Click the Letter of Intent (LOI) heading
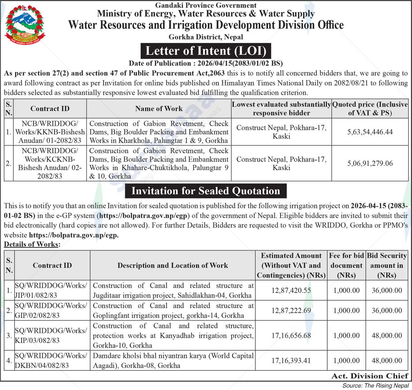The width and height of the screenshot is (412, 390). coord(205,51)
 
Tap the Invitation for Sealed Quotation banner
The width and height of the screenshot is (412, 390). coord(205,191)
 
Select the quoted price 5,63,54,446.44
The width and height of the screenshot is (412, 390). coord(370,132)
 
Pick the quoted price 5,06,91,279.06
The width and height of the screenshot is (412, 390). coord(370,163)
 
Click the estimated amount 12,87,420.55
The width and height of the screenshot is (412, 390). coord(291,290)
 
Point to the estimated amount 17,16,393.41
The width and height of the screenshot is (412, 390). coord(291,360)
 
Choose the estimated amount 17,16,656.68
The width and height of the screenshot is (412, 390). coord(291,335)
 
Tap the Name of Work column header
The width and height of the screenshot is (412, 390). coord(159,108)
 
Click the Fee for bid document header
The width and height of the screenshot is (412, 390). coord(346,265)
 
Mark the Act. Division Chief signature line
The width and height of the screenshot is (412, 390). coord(369,376)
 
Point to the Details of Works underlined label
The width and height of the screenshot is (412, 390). coord(32,244)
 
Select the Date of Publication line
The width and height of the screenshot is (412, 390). coord(205,63)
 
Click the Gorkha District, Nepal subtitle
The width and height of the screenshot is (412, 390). coord(205,37)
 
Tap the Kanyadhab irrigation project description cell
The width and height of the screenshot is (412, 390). coord(173,335)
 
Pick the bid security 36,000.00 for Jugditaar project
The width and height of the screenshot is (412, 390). coord(387,290)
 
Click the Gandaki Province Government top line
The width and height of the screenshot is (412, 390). coord(205,5)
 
